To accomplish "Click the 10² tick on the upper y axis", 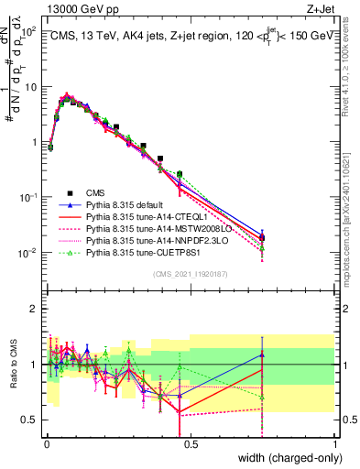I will tap(28, 32).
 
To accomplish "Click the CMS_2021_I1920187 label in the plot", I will tap(191, 274).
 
